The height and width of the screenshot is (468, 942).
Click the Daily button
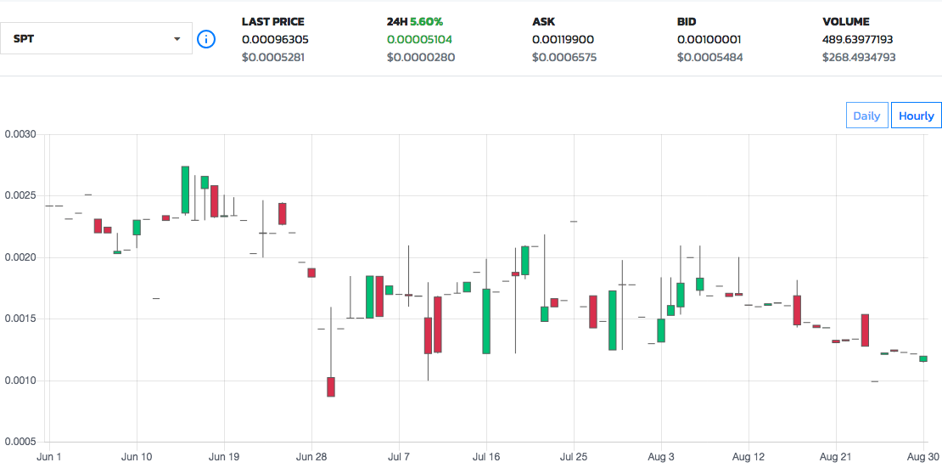coord(866,116)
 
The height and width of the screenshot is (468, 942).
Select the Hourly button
coord(916,116)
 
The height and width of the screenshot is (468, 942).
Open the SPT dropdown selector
coord(97,39)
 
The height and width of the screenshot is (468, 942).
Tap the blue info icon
coord(206,39)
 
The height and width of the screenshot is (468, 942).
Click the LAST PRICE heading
coord(272,21)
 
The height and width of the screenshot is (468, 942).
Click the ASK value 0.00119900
coord(568,39)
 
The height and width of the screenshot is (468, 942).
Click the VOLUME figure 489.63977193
coord(857,39)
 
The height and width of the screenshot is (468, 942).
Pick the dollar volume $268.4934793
coord(859,58)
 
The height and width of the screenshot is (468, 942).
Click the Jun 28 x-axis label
coord(312,457)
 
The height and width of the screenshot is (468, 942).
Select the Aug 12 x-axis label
coord(749,457)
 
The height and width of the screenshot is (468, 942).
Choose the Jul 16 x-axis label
coord(486,457)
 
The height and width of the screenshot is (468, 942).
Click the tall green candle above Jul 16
coord(486,321)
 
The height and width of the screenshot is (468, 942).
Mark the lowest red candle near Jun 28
coord(331,386)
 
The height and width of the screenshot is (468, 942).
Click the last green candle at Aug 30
coord(923,358)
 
